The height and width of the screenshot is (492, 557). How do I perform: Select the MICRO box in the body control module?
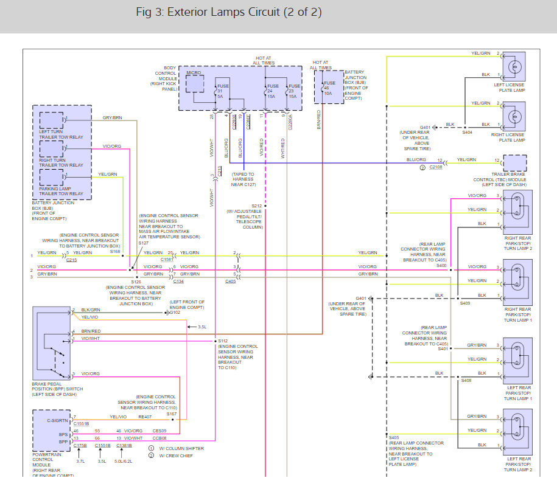point(194,84)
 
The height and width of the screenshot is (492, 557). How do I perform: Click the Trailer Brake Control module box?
point(514,163)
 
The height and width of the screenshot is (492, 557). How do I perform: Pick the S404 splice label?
point(467,131)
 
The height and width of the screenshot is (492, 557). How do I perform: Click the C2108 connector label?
point(436,167)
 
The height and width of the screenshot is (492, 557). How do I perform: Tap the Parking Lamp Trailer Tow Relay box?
point(51,177)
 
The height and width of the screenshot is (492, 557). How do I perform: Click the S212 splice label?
point(256,206)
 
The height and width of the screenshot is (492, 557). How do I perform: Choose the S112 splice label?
point(223,341)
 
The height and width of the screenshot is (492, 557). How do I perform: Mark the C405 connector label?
point(231,282)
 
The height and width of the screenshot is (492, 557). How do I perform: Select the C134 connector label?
point(178,282)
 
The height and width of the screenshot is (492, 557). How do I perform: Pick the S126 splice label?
point(136,282)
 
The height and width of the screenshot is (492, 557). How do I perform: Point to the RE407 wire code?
point(144,417)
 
